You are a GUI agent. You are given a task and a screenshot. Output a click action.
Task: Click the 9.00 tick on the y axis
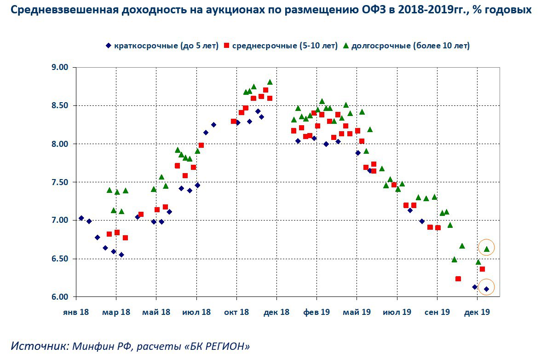[59, 67]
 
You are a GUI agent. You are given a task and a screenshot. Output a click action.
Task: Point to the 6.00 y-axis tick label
[59, 297]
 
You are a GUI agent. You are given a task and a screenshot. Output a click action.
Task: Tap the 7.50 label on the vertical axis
[59, 182]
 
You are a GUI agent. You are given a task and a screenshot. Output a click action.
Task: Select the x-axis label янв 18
[76, 312]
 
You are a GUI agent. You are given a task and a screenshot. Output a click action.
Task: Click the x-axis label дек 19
[477, 312]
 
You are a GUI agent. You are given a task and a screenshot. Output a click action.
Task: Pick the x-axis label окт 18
[236, 312]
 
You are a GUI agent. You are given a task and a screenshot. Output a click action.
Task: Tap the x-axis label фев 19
[317, 312]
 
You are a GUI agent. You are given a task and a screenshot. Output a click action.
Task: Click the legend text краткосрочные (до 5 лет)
[166, 46]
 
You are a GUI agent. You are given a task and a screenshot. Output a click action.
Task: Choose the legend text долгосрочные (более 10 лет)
[410, 46]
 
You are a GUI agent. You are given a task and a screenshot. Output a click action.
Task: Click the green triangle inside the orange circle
[487, 249]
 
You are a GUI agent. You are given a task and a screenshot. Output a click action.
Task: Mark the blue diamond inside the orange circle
[487, 289]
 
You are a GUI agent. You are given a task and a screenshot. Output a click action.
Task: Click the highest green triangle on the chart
[270, 82]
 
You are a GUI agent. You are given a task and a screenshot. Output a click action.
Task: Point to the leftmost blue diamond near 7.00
[81, 218]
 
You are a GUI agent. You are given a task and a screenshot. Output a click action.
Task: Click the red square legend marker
[227, 46]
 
